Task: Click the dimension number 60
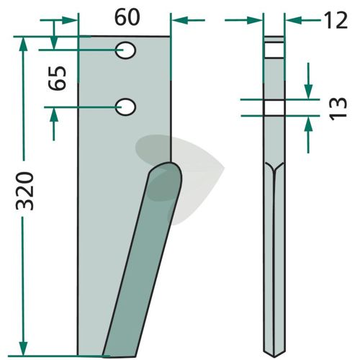[127, 18]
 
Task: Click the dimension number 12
[336, 21]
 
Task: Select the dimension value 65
[58, 78]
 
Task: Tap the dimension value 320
[24, 191]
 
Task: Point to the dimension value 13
[338, 109]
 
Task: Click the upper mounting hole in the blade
[125, 50]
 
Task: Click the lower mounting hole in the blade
[125, 107]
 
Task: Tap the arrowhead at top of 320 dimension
[23, 44]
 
